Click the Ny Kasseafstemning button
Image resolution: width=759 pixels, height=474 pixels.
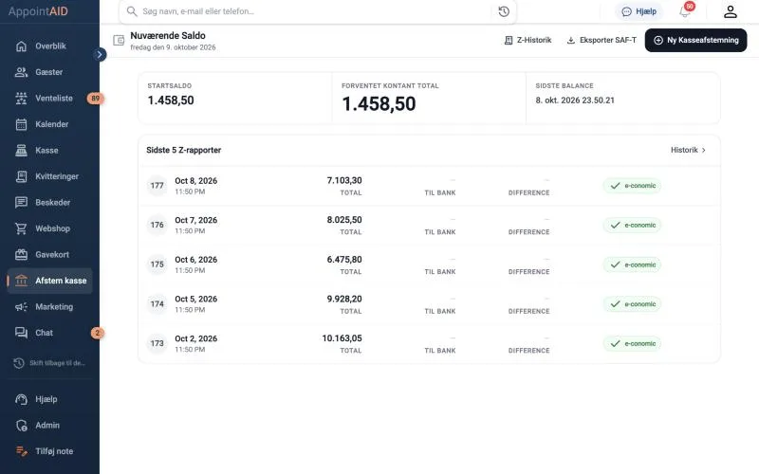695,40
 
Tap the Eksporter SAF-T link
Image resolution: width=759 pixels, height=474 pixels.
602,40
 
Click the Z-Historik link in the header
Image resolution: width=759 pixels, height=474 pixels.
528,40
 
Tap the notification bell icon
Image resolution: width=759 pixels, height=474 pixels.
685,11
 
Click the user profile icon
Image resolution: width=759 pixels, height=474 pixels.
730,11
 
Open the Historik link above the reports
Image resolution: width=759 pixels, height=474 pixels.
688,150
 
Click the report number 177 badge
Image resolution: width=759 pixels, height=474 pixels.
157,186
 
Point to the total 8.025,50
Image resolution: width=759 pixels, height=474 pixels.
344,220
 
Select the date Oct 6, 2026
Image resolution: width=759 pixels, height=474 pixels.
196,260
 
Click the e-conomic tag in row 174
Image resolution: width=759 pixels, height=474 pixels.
632,304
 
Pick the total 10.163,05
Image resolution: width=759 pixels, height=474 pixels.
342,338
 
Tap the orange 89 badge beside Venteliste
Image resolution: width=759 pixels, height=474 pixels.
96,99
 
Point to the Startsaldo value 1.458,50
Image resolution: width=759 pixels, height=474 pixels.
171,100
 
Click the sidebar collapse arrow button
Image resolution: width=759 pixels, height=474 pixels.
100,54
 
